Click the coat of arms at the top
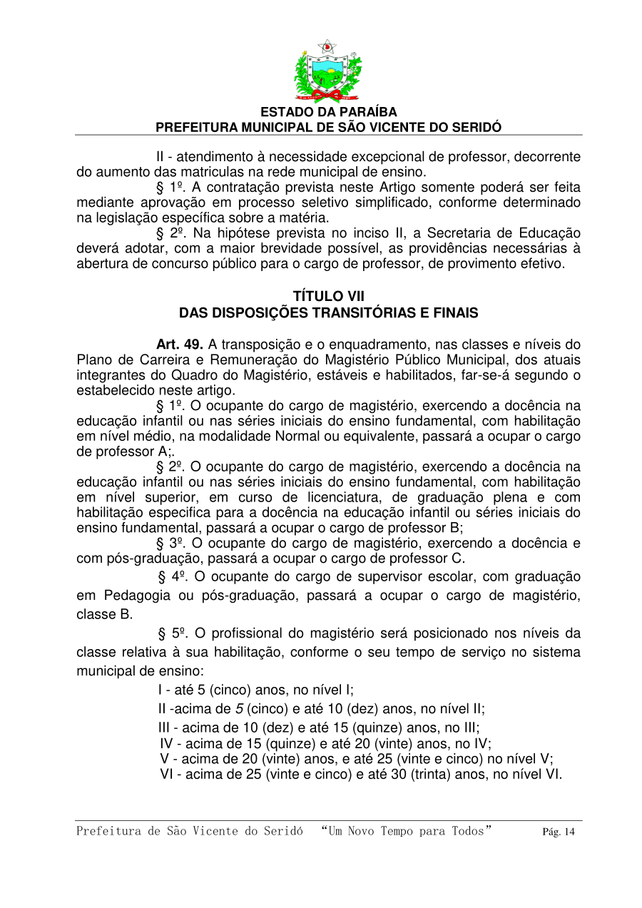(x=327, y=71)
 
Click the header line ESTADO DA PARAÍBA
(x=328, y=113)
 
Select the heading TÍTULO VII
(x=328, y=296)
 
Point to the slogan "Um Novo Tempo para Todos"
(x=407, y=831)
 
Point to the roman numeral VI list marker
(x=169, y=774)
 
